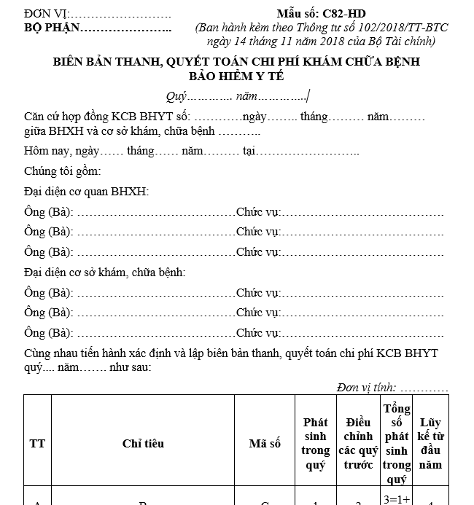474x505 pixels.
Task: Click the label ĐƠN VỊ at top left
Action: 45,14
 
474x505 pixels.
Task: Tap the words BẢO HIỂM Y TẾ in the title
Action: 236,76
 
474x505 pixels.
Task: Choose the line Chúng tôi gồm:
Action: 62,172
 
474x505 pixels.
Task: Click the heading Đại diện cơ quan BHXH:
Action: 86,192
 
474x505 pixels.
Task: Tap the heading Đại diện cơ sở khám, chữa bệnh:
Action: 104,273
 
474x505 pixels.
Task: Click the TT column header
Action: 37,443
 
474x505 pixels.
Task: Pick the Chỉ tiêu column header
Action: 143,443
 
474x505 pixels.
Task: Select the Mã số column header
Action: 265,443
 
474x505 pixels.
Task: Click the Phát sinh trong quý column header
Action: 316,443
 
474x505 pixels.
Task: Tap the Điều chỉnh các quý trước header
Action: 356,443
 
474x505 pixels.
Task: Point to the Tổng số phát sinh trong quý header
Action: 397,443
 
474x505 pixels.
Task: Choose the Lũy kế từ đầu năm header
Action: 430,443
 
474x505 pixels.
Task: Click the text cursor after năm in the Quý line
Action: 309,96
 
